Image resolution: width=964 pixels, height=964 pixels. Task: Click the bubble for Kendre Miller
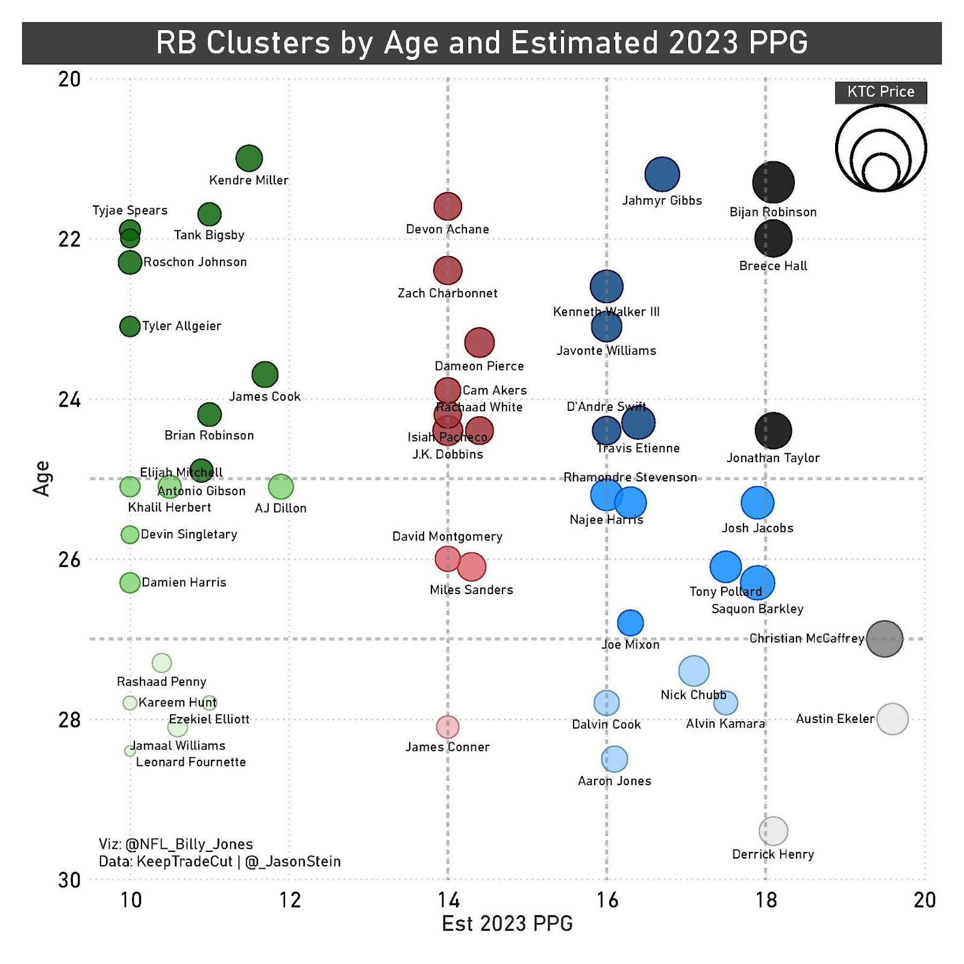click(249, 158)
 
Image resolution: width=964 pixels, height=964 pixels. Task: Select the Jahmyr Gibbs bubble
click(662, 175)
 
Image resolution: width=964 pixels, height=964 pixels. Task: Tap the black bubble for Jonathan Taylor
click(773, 430)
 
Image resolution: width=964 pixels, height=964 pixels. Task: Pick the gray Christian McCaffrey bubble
click(884, 639)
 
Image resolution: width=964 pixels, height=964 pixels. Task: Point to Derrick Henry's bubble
click(773, 831)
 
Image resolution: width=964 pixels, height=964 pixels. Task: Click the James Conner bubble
click(447, 727)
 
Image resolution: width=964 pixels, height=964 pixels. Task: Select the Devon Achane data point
click(448, 207)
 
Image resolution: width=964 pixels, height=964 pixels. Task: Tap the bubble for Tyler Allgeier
click(130, 327)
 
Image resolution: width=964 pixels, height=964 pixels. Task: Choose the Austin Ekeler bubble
click(892, 719)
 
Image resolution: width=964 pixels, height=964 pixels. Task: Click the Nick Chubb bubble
click(693, 671)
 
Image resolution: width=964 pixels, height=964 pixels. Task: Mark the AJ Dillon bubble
click(281, 486)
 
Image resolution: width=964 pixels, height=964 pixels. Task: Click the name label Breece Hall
click(773, 266)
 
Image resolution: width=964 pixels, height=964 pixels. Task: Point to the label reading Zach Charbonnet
click(448, 293)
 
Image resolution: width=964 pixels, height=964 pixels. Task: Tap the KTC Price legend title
click(881, 92)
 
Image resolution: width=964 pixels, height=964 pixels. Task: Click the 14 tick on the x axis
click(448, 900)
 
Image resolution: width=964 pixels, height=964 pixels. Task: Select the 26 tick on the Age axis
click(69, 560)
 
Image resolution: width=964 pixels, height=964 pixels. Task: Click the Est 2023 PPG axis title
click(507, 924)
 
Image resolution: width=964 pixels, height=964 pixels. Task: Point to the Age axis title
click(42, 478)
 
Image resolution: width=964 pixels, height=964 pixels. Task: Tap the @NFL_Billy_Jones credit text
click(189, 844)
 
